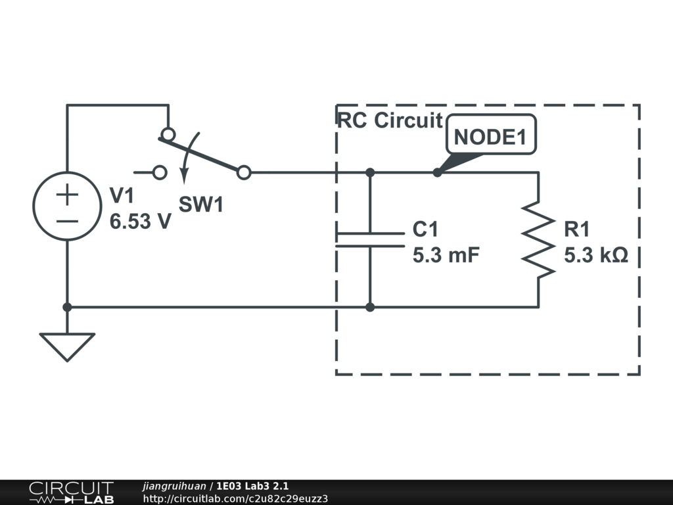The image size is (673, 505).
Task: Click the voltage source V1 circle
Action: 34,206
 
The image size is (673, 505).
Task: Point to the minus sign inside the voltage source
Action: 68,222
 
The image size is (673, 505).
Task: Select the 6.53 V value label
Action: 141,222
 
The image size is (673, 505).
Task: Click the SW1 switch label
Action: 201,204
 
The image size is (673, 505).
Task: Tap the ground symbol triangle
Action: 67,347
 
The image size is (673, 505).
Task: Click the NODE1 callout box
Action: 491,134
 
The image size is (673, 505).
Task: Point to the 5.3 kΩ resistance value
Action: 595,255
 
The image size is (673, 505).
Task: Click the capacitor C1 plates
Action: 370,240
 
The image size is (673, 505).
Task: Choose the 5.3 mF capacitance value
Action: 446,255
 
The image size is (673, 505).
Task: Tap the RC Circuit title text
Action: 390,120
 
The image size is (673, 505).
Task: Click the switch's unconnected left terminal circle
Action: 160,173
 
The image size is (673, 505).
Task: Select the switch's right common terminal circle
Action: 244,173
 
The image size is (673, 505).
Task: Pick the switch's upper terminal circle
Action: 168,134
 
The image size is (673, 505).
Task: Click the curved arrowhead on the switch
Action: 184,176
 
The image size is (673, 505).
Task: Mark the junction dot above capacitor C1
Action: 370,173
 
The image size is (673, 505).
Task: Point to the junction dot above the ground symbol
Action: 67,307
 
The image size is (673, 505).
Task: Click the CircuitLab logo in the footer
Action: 71,492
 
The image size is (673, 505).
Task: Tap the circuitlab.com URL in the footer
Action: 235,498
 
